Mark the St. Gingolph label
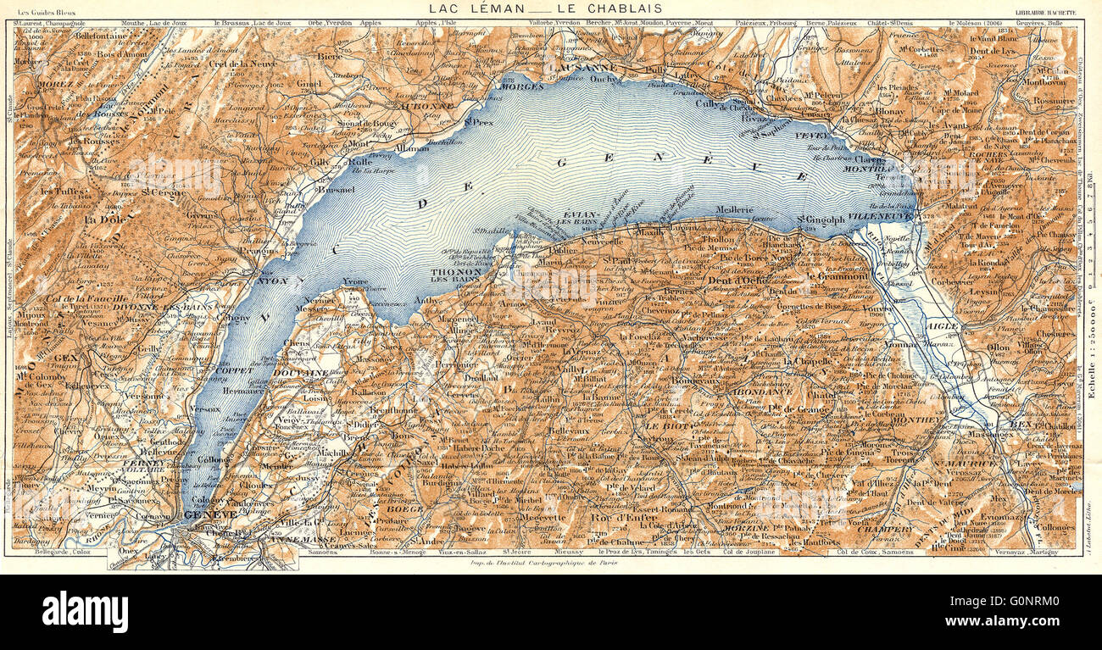tap(821, 219)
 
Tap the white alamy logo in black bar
tap(86, 612)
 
